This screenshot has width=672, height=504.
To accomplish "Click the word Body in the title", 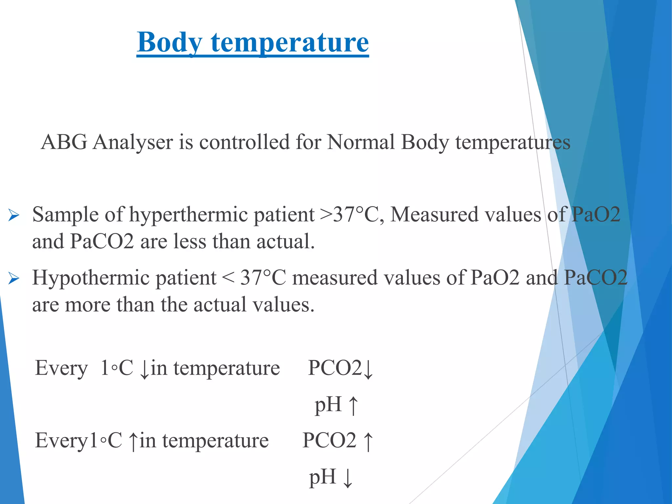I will tap(170, 43).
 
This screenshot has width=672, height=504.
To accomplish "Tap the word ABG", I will tap(64, 142).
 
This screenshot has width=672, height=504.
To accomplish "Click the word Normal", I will tap(361, 142).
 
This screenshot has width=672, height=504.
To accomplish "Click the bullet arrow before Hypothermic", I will tap(14, 279).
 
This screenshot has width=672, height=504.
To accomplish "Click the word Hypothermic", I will tap(124, 278).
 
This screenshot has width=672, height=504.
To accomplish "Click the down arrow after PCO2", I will tap(368, 369).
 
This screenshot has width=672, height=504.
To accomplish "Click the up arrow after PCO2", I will tap(368, 441).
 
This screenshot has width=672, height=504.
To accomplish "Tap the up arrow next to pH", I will tap(353, 406).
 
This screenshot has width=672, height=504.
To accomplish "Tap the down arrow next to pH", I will tap(348, 478).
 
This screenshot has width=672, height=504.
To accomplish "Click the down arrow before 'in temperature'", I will tap(144, 369).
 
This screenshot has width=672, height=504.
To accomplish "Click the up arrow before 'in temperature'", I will tap(133, 441).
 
